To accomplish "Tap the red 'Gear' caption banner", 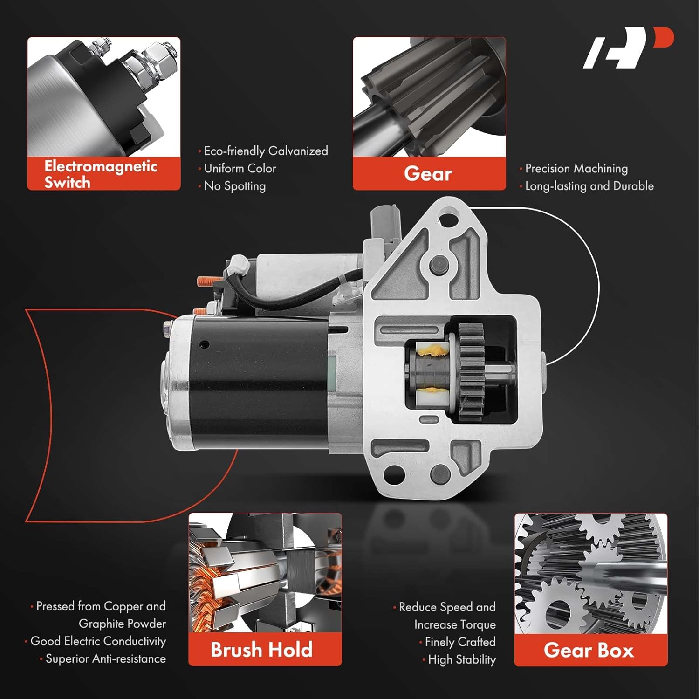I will tap(429, 174).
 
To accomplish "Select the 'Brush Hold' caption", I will tap(262, 650).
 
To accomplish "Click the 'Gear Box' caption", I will tap(589, 650).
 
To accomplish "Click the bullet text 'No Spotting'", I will tap(235, 186).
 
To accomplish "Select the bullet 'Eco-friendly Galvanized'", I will tap(266, 151).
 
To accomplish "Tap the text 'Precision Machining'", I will tap(576, 168).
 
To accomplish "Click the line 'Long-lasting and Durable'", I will tap(589, 186).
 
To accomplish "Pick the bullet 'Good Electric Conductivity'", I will tap(98, 641).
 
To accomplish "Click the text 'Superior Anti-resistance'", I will tap(105, 659).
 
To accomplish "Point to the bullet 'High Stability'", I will tap(461, 659).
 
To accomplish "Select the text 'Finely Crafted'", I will tap(460, 642).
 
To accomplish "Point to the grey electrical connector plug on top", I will tap(384, 224).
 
